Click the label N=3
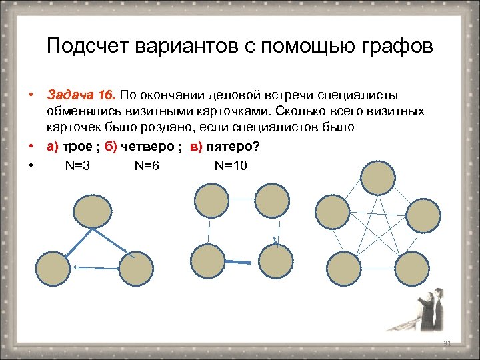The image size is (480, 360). [x=78, y=167]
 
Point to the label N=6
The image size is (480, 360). [x=146, y=167]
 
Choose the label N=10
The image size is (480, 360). [x=230, y=167]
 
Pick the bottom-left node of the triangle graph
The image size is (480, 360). [x=52, y=268]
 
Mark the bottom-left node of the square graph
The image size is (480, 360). [x=207, y=261]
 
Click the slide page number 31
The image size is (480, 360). [x=447, y=343]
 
